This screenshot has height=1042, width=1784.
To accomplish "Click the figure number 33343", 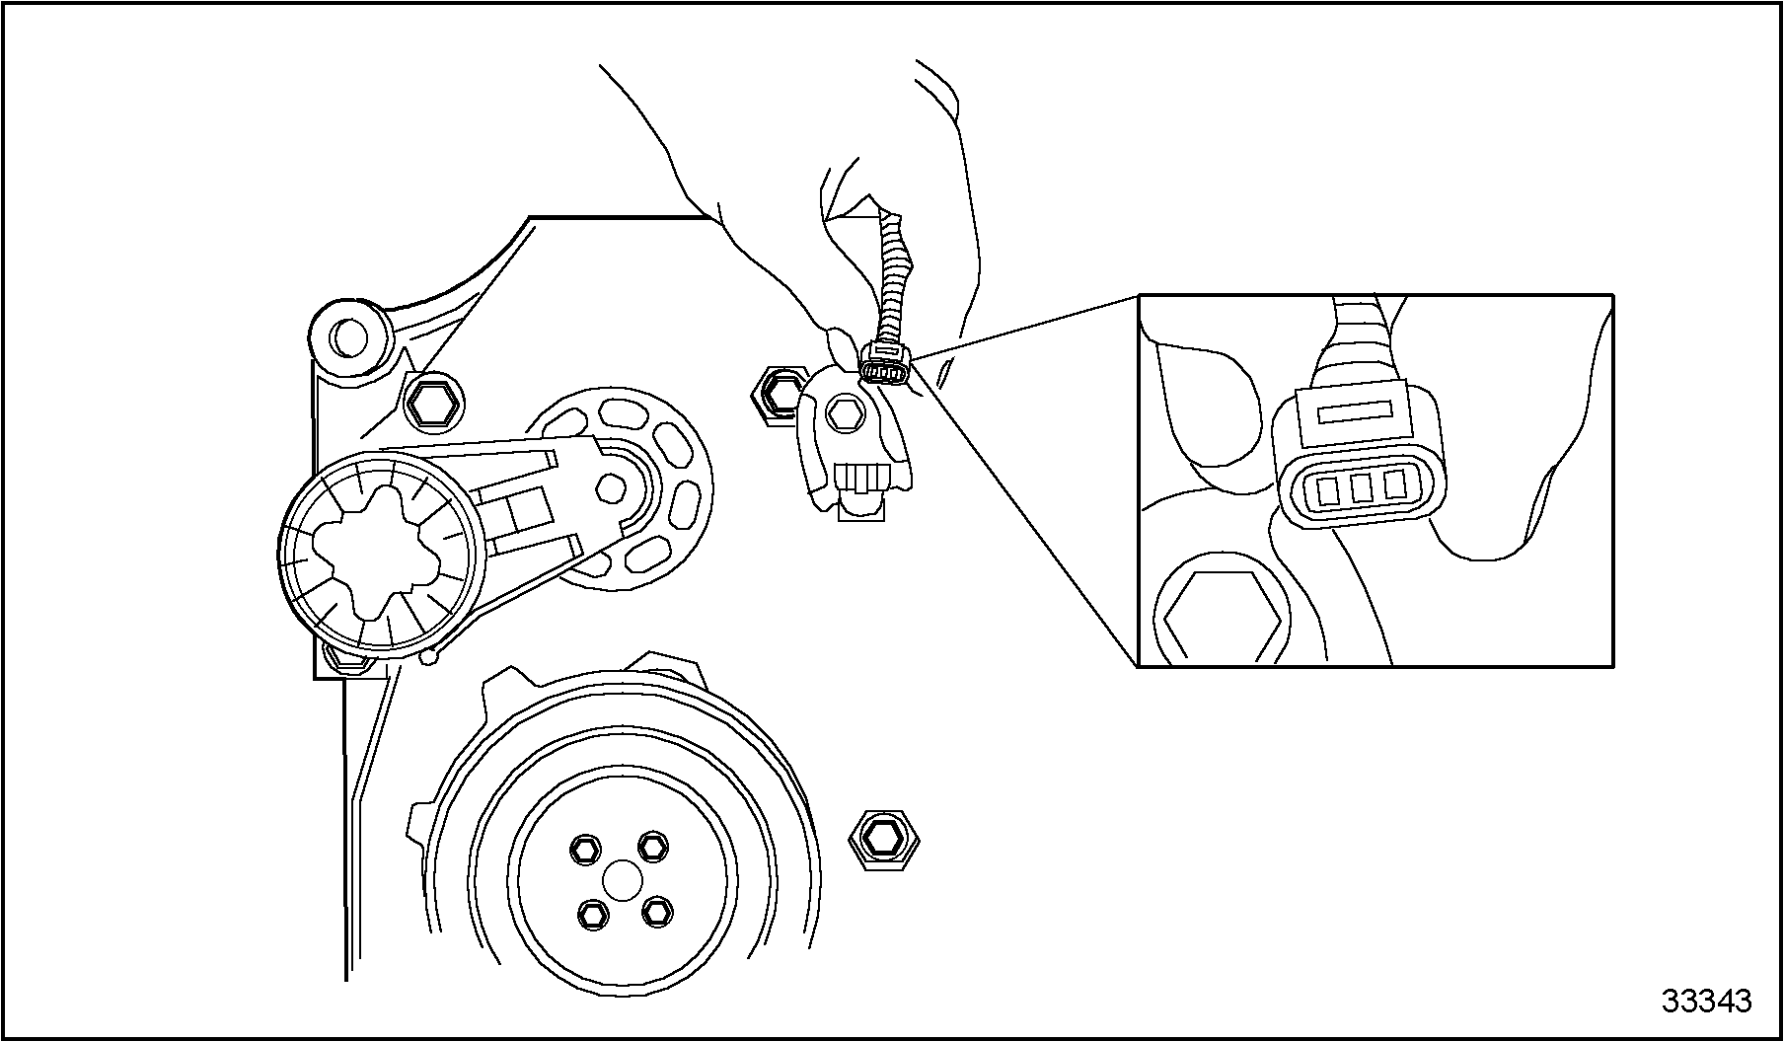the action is (x=1706, y=1001).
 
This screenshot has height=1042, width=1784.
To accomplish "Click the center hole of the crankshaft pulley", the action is (x=620, y=880).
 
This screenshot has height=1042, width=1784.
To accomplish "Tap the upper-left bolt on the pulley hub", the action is (x=586, y=849).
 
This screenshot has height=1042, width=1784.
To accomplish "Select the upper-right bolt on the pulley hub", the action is (x=652, y=846).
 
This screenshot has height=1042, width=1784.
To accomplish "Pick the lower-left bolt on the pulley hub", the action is (x=592, y=915).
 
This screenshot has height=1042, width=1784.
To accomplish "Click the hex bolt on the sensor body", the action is (x=845, y=414).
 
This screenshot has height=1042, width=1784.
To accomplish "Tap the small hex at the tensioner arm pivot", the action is (x=612, y=486).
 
